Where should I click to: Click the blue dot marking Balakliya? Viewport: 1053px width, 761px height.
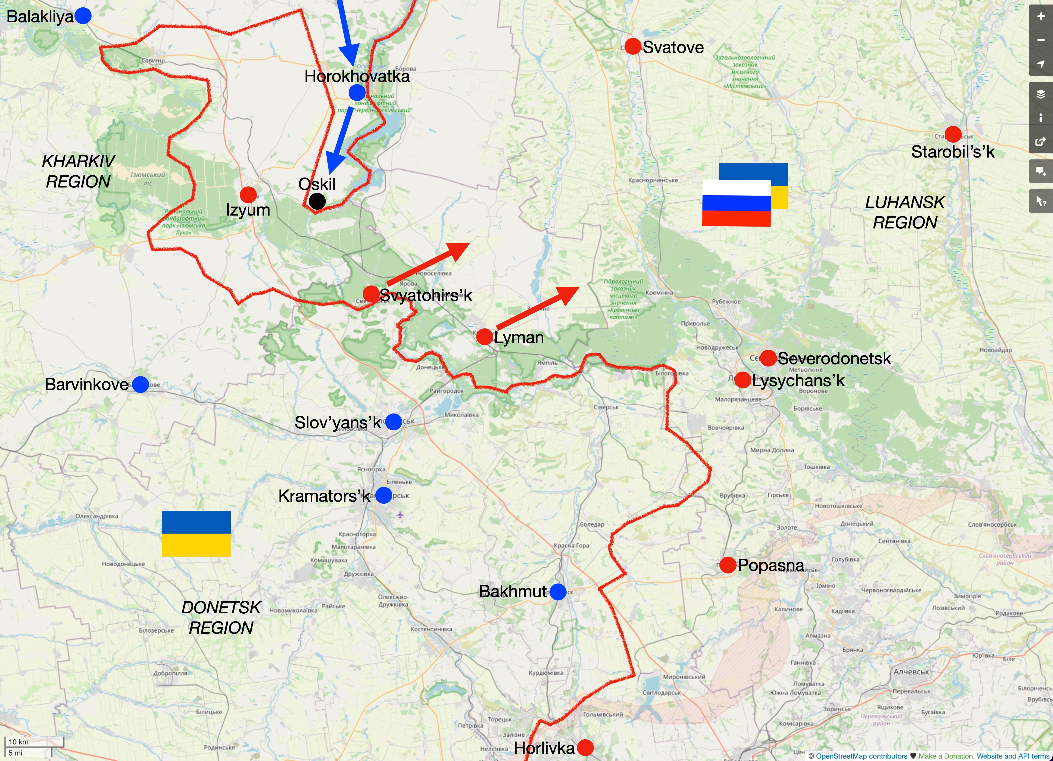click(83, 16)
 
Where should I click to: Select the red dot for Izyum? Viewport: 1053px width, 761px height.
click(248, 195)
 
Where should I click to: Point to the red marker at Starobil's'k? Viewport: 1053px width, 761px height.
click(953, 134)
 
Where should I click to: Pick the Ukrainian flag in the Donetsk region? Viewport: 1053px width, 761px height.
click(196, 533)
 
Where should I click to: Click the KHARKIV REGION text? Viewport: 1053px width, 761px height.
click(78, 171)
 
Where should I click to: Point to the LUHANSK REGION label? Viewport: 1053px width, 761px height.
click(905, 212)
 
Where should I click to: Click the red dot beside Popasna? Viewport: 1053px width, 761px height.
click(727, 565)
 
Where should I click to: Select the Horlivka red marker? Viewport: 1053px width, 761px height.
click(585, 748)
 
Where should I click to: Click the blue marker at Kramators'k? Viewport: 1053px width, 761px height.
click(384, 495)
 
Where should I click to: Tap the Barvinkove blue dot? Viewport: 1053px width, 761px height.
click(140, 384)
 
